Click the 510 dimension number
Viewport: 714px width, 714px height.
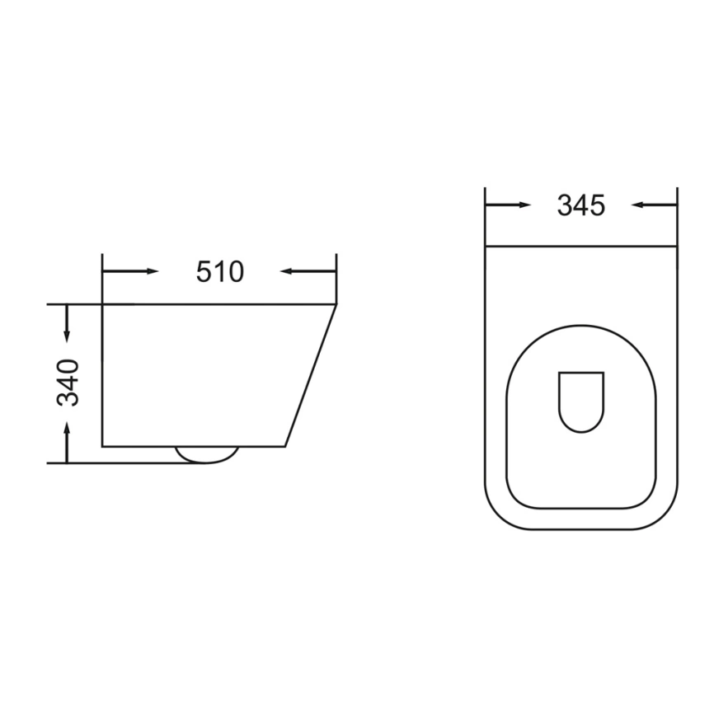coord(219,271)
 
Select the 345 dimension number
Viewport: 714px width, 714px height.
coord(580,204)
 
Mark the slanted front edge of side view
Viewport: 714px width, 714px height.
coord(311,376)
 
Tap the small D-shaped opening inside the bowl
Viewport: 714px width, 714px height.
coord(581,402)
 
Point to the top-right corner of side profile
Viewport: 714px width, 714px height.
coord(336,305)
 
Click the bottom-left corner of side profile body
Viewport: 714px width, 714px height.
coord(102,446)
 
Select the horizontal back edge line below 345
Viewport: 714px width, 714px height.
coord(580,246)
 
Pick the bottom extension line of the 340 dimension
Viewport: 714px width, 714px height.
coord(124,463)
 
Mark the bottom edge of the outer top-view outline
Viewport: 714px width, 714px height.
coord(580,529)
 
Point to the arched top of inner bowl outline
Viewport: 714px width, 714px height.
coord(580,325)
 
